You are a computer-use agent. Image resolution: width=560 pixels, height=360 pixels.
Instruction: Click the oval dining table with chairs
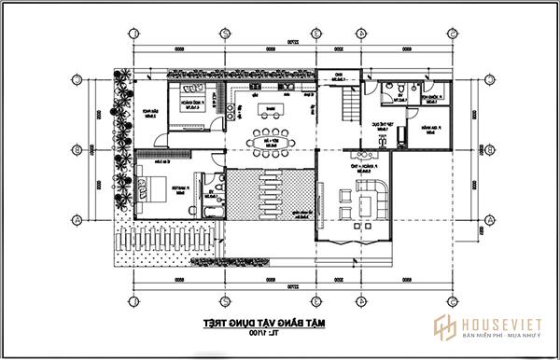(x=270, y=143)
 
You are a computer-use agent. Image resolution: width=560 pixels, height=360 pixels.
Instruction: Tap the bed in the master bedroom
(x=152, y=183)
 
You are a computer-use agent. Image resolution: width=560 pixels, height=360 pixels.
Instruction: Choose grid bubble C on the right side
(x=488, y=78)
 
